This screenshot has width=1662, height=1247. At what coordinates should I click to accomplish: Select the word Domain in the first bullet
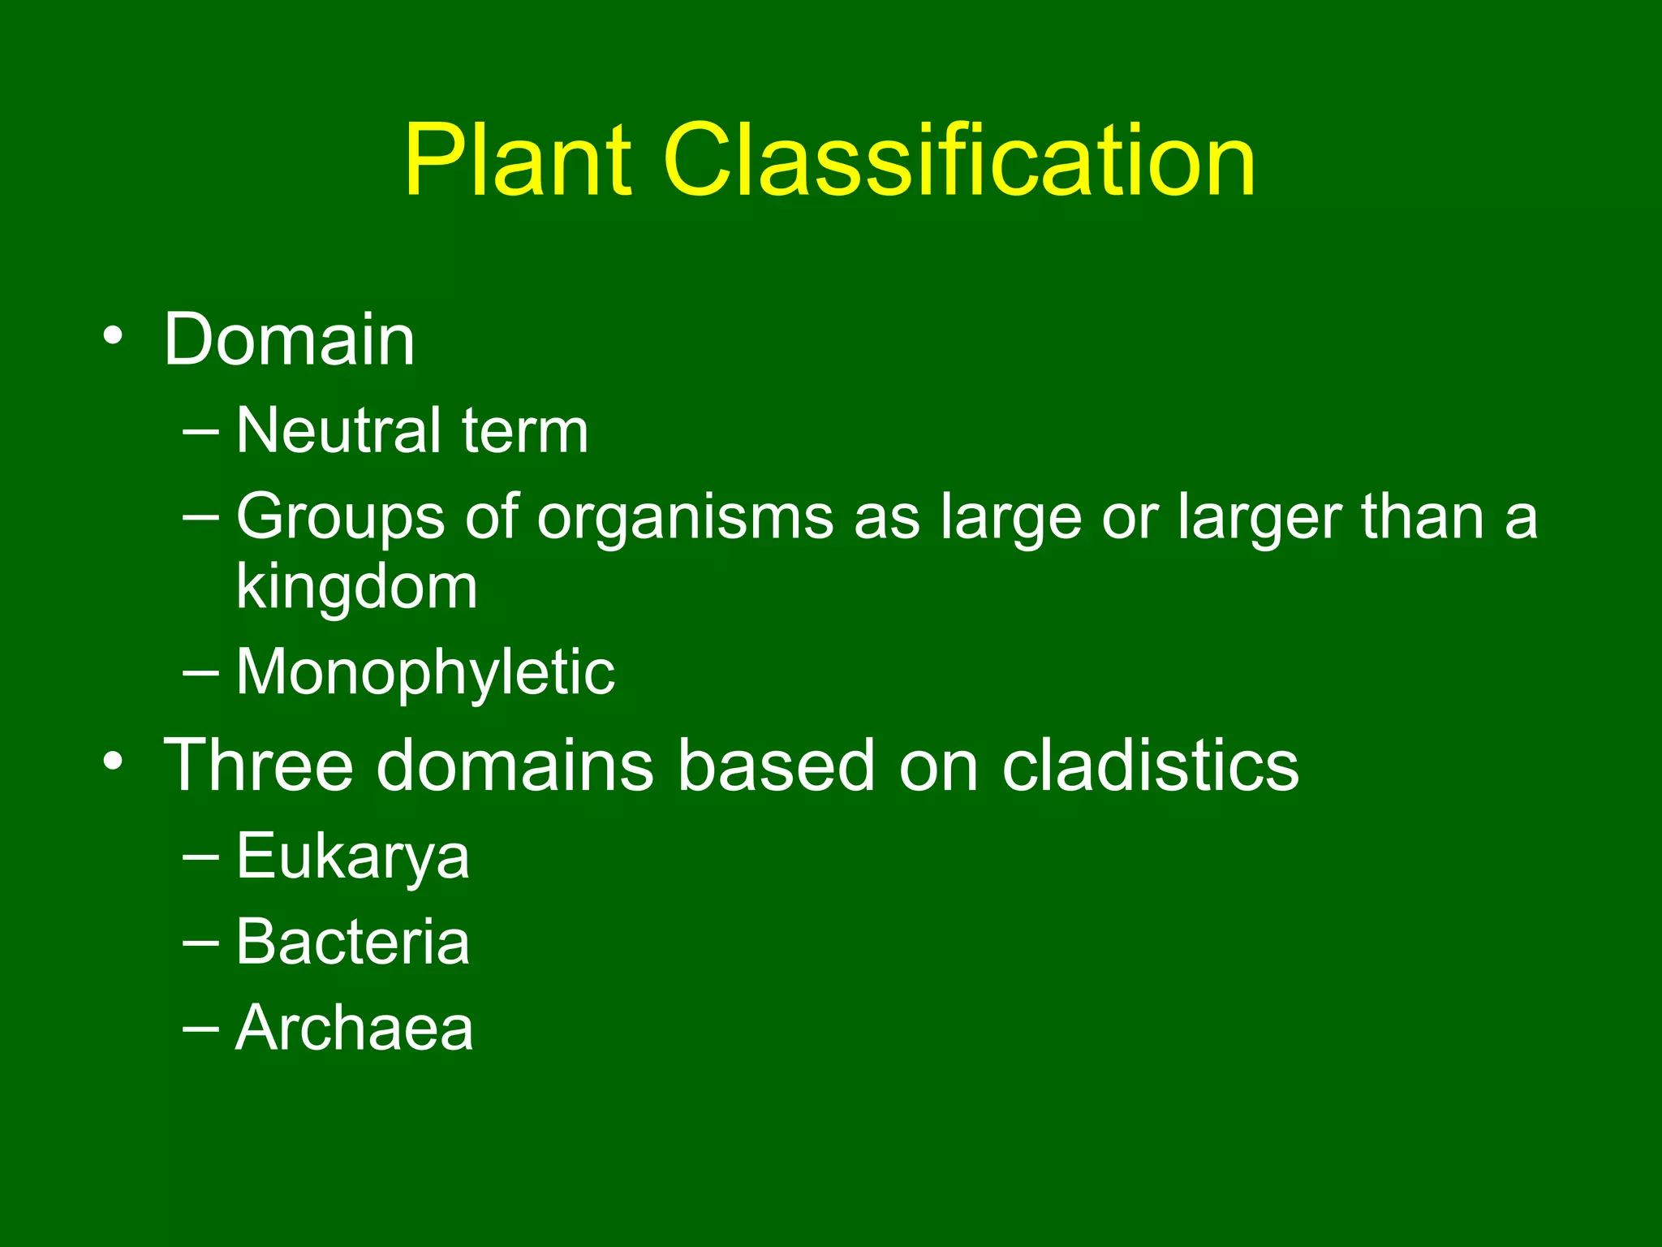[x=290, y=340]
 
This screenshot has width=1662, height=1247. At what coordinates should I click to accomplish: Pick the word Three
[x=259, y=765]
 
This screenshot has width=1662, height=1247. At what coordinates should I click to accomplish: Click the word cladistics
[x=1150, y=765]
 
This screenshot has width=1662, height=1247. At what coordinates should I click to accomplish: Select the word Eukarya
[x=352, y=857]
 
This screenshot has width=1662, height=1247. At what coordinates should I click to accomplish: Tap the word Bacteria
[x=352, y=942]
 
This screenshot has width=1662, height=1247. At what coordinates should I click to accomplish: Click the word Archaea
[x=354, y=1029]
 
